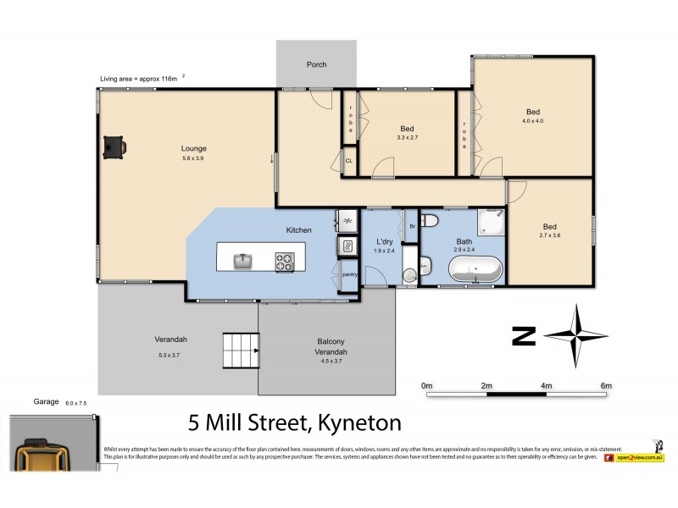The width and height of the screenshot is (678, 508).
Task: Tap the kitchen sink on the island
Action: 242,261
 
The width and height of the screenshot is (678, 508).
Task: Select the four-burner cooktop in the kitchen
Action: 284,261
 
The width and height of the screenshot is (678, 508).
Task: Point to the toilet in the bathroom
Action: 430,222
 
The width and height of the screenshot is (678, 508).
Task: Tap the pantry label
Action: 348,274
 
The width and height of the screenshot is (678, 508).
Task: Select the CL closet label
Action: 348,160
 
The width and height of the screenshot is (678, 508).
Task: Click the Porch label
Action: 316,64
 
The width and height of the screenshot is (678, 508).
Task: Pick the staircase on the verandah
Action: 239,347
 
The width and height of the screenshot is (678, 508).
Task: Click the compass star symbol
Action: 576,335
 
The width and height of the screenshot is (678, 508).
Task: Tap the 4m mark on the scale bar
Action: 547,386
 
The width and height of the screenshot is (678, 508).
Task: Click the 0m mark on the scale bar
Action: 427,386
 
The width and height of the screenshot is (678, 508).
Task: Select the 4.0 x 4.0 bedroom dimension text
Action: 532,121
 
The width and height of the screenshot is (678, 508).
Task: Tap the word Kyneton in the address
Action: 358,421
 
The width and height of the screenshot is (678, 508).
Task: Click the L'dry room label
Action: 385,242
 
